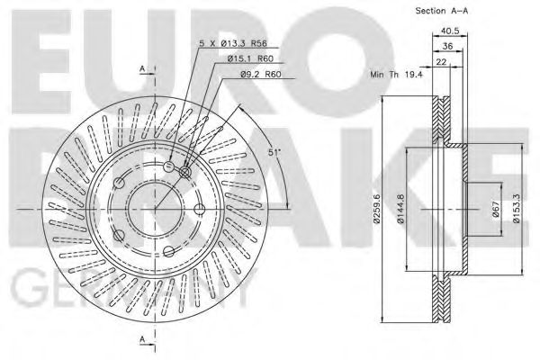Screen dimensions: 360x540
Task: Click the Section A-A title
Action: pos(444,11)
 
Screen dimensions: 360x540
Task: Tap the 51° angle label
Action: pos(274,154)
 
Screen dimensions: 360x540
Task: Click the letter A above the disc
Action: pos(143,69)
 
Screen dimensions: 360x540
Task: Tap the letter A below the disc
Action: pos(143,339)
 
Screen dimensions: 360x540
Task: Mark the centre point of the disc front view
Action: pos(155,209)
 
